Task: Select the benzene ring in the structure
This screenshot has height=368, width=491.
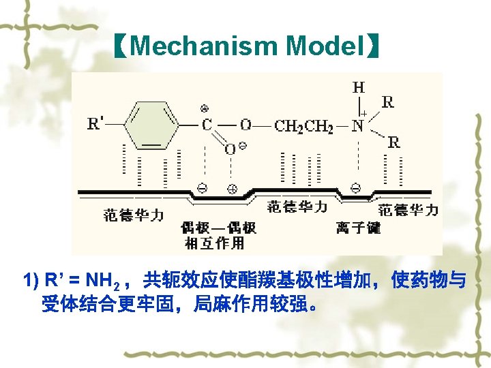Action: click(151, 125)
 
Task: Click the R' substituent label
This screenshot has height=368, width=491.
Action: click(96, 124)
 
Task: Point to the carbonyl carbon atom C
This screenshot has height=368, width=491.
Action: click(206, 126)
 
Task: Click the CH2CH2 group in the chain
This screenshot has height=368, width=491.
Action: click(303, 126)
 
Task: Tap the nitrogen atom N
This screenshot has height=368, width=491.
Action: click(357, 126)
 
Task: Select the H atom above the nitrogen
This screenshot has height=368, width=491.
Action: click(358, 87)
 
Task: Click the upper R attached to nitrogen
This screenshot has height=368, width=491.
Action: click(387, 103)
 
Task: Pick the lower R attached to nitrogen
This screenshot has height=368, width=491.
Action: click(393, 142)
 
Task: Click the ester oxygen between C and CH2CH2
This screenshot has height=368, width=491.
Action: click(245, 125)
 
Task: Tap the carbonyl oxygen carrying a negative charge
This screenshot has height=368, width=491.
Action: click(230, 149)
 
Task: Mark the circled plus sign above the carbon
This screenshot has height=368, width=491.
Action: click(204, 108)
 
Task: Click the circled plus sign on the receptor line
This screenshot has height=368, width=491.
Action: click(231, 189)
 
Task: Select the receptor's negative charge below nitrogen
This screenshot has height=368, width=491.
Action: click(355, 187)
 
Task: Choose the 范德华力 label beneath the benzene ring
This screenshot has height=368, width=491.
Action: click(134, 215)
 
